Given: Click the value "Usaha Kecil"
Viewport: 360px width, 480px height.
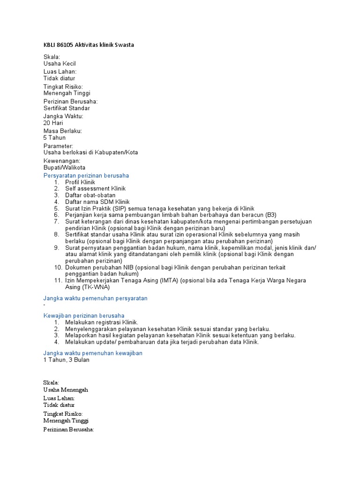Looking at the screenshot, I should (60, 64).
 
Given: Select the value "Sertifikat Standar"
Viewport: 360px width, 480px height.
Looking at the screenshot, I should (67, 108).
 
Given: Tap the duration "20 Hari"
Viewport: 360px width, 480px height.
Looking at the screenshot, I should (53, 123).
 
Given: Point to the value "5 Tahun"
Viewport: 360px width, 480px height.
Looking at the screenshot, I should (54, 138).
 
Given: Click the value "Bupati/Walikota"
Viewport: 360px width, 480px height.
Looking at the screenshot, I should (64, 167).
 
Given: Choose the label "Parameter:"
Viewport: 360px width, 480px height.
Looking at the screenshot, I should (58, 146).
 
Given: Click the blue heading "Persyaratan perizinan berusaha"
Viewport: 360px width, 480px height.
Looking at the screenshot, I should (86, 176).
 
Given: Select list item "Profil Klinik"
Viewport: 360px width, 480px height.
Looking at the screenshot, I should (80, 182).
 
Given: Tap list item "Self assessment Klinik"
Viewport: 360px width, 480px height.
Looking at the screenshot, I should (95, 189).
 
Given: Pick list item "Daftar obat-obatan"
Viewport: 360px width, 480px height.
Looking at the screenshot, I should (90, 195).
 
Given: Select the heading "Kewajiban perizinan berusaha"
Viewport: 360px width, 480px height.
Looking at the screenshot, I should (84, 315).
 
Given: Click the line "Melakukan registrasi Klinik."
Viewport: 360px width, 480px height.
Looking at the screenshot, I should (102, 322).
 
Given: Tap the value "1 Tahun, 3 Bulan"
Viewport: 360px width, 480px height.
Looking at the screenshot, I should (66, 360).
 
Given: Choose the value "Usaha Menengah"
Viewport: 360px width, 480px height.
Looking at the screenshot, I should (66, 390).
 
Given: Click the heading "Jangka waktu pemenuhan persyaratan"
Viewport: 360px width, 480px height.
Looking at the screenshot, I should (95, 298).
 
